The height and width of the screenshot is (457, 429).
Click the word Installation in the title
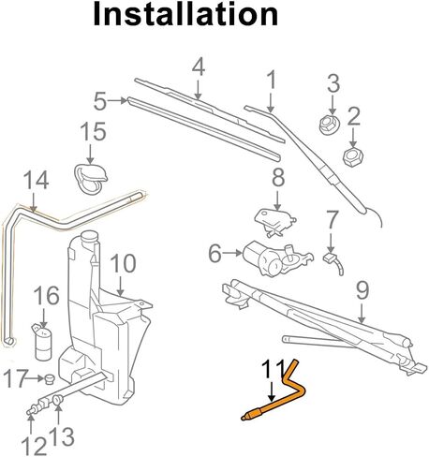coord(185,14)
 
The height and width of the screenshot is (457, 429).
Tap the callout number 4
coord(199,67)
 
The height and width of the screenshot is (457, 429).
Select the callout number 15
coord(93,131)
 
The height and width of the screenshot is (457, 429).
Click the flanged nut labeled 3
coord(329,125)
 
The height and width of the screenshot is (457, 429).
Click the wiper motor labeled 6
coord(275,258)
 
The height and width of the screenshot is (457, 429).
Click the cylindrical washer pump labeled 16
coord(42,343)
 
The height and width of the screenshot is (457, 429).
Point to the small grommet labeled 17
coord(50,379)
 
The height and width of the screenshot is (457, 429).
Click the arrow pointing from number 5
coord(118,100)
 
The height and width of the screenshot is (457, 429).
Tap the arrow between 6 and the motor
coord(232,253)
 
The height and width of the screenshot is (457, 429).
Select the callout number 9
coord(362,290)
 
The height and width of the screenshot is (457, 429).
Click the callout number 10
coord(123,263)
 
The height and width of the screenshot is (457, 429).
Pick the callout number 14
coord(37,180)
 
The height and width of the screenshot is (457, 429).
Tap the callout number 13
coord(63,436)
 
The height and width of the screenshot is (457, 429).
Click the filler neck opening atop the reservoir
coord(90,236)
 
